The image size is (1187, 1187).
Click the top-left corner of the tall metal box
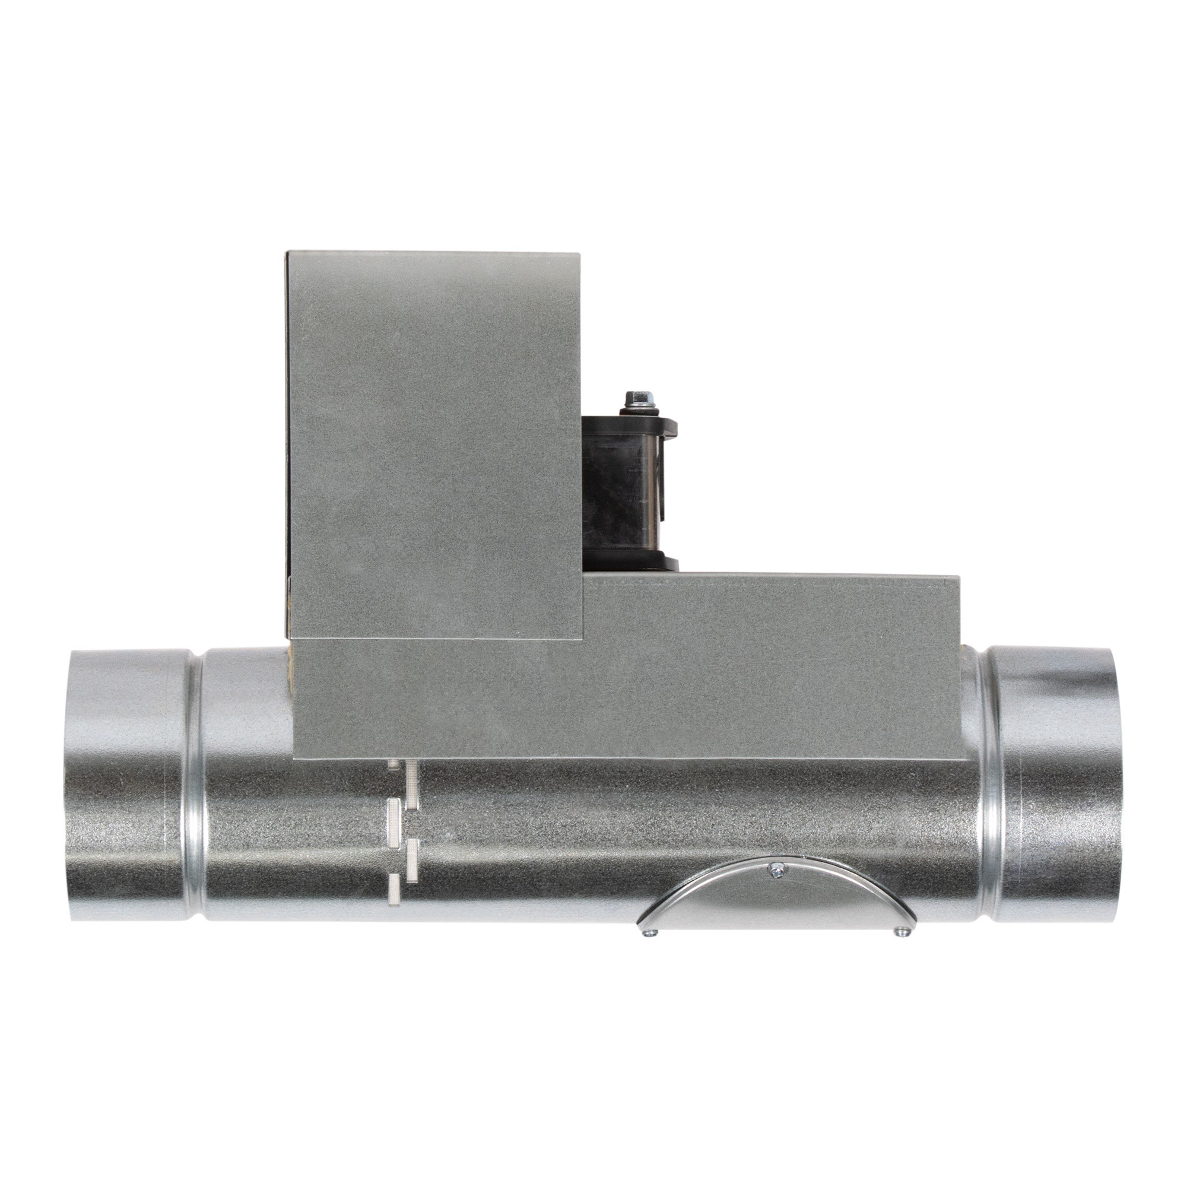289,252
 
